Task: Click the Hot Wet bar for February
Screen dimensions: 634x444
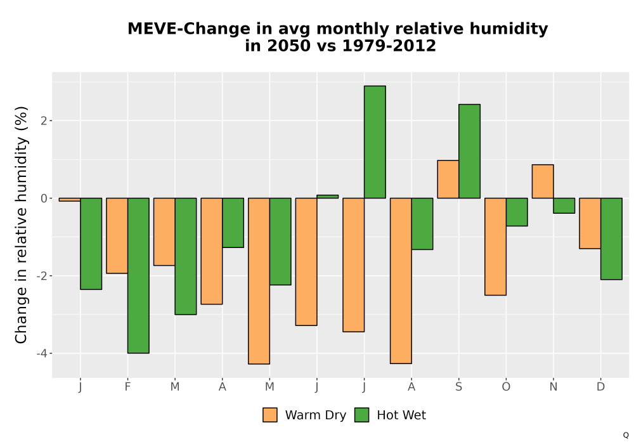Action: [138, 275]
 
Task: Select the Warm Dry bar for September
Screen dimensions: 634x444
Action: [448, 179]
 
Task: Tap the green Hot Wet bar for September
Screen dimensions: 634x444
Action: [469, 151]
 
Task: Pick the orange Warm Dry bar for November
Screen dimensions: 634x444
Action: [543, 181]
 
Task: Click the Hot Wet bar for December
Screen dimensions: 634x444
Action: [611, 238]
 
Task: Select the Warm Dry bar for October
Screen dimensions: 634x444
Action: [495, 247]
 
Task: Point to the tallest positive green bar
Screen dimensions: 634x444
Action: [375, 142]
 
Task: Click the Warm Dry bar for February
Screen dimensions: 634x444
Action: [117, 236]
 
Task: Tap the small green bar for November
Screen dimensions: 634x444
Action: [564, 206]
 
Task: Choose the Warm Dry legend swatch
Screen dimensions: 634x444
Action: [269, 415]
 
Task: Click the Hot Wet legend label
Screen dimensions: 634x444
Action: [401, 415]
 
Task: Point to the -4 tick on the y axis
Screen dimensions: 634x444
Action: [42, 353]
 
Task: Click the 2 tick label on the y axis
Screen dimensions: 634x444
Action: [44, 121]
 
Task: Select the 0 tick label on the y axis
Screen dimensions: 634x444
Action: [44, 198]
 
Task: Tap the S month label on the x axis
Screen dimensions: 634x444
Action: [458, 387]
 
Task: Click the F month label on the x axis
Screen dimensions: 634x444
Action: [128, 387]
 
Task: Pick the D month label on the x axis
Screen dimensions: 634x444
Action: [601, 387]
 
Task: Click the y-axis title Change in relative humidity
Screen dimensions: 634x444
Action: [21, 225]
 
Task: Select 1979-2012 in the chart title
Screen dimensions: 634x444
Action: [389, 46]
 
